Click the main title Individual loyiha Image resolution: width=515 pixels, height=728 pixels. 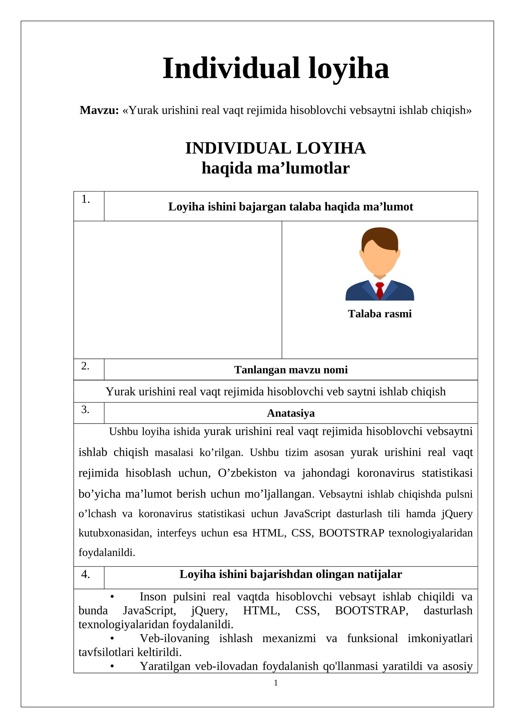[x=276, y=68]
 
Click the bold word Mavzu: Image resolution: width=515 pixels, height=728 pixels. [x=99, y=110]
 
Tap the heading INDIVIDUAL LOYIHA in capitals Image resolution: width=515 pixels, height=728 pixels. [x=276, y=148]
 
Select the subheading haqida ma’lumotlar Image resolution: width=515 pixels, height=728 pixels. [x=276, y=168]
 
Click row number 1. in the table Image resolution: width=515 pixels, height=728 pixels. [x=85, y=199]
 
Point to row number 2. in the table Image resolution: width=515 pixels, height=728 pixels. [x=85, y=366]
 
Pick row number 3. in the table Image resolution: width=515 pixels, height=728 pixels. [x=85, y=410]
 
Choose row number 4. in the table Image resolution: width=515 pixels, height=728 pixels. [x=85, y=574]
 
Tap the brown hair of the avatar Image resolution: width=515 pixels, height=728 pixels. [x=380, y=237]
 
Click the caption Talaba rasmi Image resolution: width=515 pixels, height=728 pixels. [x=380, y=314]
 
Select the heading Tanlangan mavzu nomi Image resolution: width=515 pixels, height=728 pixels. [x=291, y=370]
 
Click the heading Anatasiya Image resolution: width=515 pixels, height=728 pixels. [x=291, y=413]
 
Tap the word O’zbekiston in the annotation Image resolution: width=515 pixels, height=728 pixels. [x=247, y=473]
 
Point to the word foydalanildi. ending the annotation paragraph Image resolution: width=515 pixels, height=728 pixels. [x=107, y=553]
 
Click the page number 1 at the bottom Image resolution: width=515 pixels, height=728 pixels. [x=276, y=683]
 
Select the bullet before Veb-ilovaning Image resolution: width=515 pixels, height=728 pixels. [x=112, y=639]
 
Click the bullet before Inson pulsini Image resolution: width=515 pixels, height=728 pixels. [x=112, y=597]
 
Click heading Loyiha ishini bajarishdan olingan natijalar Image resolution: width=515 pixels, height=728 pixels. [x=291, y=574]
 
